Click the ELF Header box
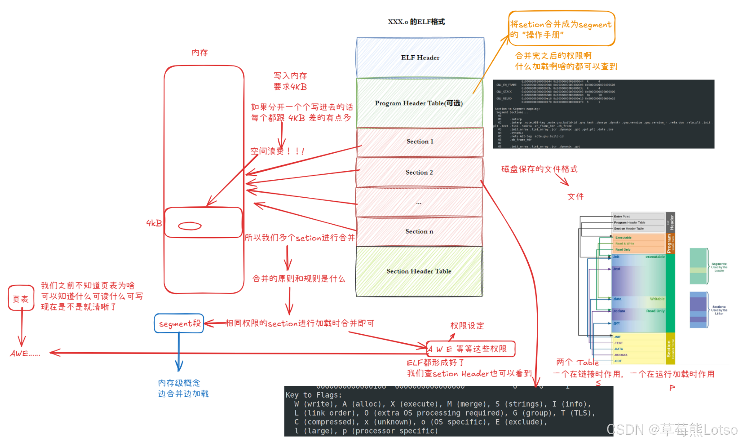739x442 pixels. pyautogui.click(x=420, y=58)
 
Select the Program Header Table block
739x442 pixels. pyautogui.click(x=419, y=103)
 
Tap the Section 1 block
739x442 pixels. pyautogui.click(x=420, y=141)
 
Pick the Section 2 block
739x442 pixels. pyautogui.click(x=419, y=172)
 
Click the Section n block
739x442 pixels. pyautogui.click(x=419, y=231)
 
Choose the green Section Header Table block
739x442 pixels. pyautogui.click(x=419, y=271)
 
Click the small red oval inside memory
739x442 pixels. pyautogui.click(x=190, y=226)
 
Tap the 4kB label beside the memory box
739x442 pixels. pyautogui.click(x=154, y=223)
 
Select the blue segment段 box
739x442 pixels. pyautogui.click(x=179, y=323)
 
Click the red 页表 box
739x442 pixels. pyautogui.click(x=21, y=299)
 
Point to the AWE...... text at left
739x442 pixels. pyautogui.click(x=25, y=354)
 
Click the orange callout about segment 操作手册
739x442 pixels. pyautogui.click(x=561, y=29)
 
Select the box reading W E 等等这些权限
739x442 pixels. pyautogui.click(x=470, y=349)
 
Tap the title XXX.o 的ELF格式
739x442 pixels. pyautogui.click(x=416, y=22)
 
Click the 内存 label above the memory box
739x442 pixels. pyautogui.click(x=200, y=53)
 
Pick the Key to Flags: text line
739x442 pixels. pyautogui.click(x=314, y=395)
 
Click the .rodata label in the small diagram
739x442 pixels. pyautogui.click(x=619, y=311)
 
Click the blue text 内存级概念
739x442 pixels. pyautogui.click(x=179, y=383)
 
